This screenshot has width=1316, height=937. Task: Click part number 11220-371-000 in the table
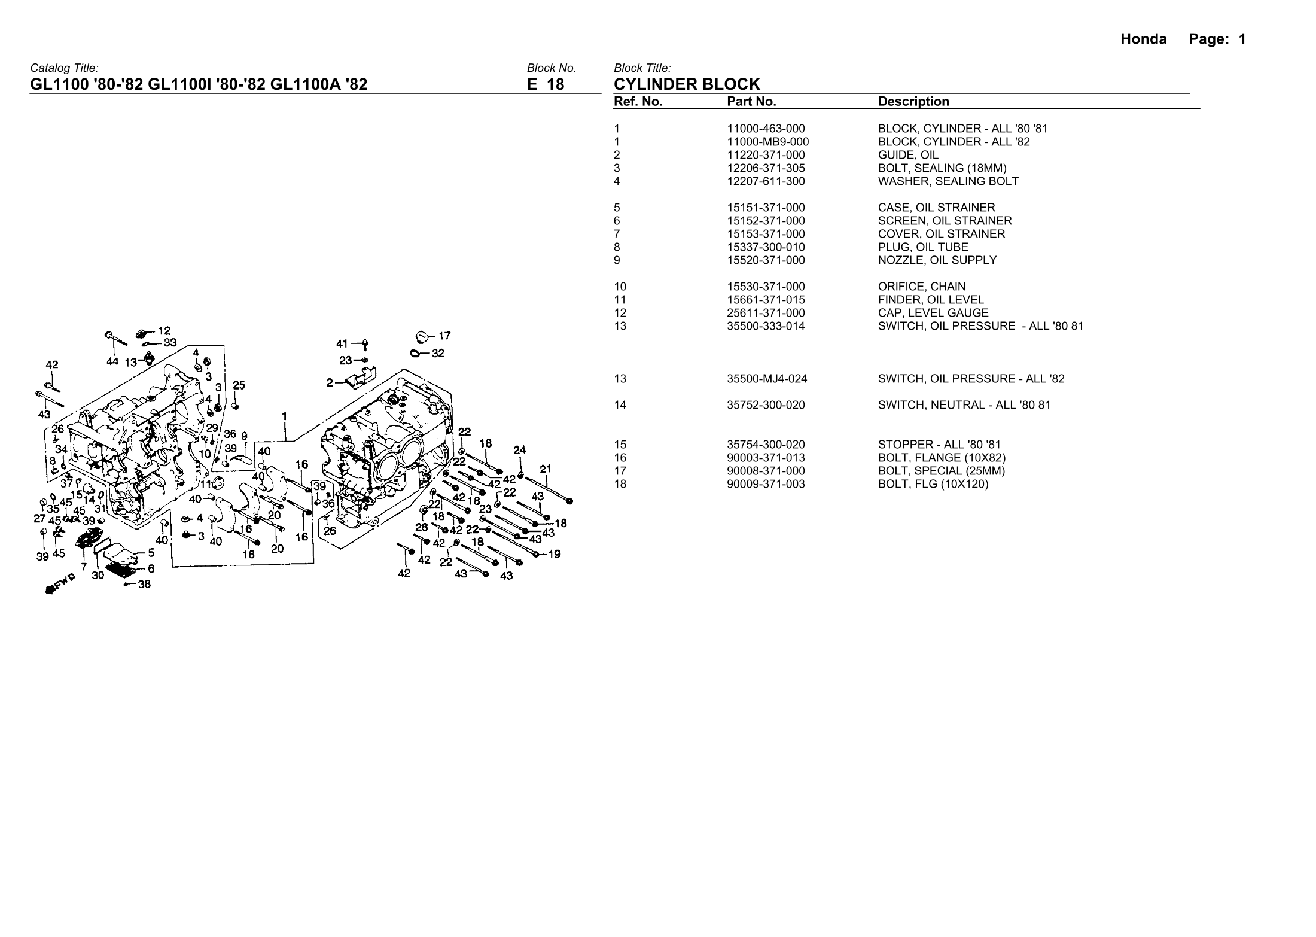click(x=766, y=155)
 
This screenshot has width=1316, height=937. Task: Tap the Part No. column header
click(x=751, y=102)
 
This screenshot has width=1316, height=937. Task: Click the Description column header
click(x=913, y=102)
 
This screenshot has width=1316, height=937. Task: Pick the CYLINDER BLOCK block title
click(x=687, y=84)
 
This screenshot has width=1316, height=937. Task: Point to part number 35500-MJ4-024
click(x=767, y=379)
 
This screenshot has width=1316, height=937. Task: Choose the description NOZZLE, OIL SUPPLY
click(x=937, y=260)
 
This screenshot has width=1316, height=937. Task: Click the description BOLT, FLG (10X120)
click(x=933, y=484)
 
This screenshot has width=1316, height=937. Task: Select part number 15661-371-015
click(x=766, y=300)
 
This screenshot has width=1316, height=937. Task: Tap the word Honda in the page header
click(x=1143, y=39)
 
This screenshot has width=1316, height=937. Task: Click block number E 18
click(x=545, y=84)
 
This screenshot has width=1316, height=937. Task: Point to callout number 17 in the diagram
click(x=444, y=336)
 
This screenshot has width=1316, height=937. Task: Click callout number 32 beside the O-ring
click(x=438, y=353)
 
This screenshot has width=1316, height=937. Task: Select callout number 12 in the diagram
click(x=164, y=330)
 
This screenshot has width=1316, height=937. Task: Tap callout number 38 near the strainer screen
click(x=144, y=585)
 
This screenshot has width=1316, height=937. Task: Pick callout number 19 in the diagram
click(x=555, y=554)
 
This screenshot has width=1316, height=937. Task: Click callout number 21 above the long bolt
click(x=545, y=469)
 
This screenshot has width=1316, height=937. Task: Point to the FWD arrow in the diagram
click(x=60, y=583)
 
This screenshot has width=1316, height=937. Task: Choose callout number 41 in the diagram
click(x=342, y=343)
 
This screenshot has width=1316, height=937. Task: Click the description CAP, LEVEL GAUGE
click(x=933, y=313)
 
